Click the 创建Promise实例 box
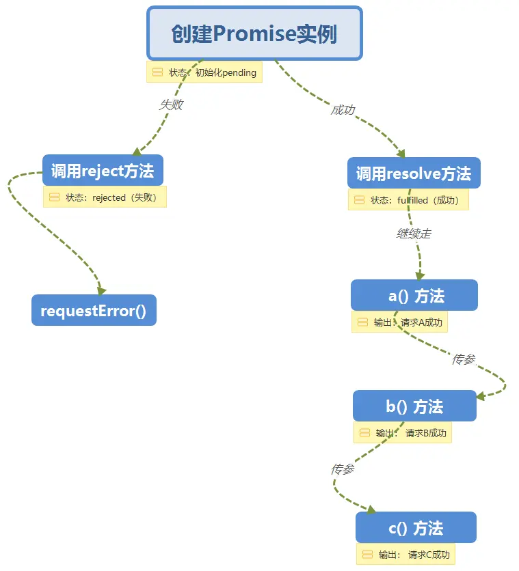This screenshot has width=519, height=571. tap(254, 33)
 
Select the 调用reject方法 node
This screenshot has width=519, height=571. tap(103, 170)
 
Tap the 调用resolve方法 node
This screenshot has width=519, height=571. tap(414, 173)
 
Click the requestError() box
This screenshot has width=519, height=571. tap(94, 310)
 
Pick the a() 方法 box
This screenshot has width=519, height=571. tap(414, 295)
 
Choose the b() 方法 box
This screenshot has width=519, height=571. tap(414, 406)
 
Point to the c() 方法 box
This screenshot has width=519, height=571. tap(416, 527)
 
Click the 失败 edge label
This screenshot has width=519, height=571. tap(172, 105)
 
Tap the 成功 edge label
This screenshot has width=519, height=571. tap(343, 109)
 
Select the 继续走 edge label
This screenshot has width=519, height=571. tap(414, 234)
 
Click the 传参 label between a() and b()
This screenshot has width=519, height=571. tap(464, 359)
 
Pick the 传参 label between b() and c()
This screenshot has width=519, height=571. tap(343, 469)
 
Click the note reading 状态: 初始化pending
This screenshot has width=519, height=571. tap(204, 72)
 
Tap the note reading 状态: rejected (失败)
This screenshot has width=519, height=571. tap(105, 197)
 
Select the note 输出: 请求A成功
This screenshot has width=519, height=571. tap(399, 322)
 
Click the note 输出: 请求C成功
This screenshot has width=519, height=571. tap(405, 554)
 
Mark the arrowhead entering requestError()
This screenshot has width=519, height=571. tap(101, 290)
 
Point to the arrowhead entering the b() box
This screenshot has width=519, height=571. tap(481, 396)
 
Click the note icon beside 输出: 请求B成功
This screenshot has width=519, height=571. tap(365, 432)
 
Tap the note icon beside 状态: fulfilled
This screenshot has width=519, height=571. tap(360, 200)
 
